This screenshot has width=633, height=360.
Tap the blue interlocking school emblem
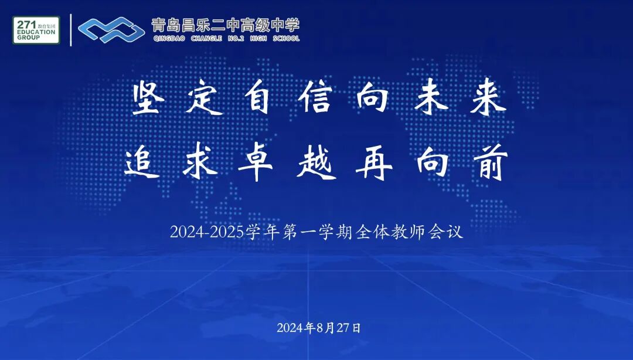tap(112, 30)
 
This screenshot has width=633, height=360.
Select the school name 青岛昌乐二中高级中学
tap(225, 25)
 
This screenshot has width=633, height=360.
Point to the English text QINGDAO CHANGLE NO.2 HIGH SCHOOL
tap(225, 39)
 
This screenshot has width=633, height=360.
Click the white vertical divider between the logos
tap(71, 30)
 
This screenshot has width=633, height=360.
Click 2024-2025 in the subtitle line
tap(207, 232)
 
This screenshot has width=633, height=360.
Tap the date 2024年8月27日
tap(319, 328)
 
